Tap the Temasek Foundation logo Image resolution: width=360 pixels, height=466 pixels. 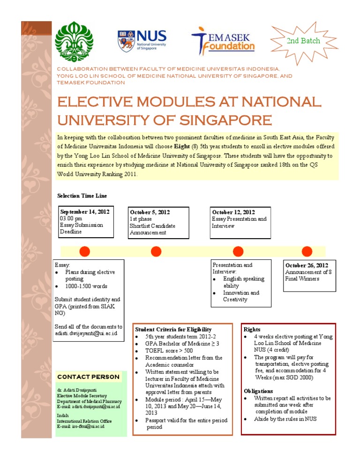(x=223, y=39)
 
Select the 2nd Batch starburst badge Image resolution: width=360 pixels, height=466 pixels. (x=303, y=41)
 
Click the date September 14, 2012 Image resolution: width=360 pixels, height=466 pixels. (x=84, y=211)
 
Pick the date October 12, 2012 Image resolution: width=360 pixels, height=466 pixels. (x=233, y=212)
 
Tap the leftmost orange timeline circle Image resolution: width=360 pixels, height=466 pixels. (x=84, y=251)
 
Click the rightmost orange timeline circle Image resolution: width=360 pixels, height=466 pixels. (x=307, y=251)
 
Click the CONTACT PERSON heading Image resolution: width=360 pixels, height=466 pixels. (x=88, y=376)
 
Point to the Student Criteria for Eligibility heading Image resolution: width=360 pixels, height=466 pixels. (x=173, y=330)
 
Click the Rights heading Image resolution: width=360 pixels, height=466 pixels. (x=252, y=330)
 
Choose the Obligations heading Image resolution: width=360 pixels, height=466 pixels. (x=258, y=391)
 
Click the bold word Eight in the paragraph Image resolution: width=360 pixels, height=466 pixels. (x=186, y=146)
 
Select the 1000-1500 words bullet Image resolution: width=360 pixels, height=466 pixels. (x=86, y=286)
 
